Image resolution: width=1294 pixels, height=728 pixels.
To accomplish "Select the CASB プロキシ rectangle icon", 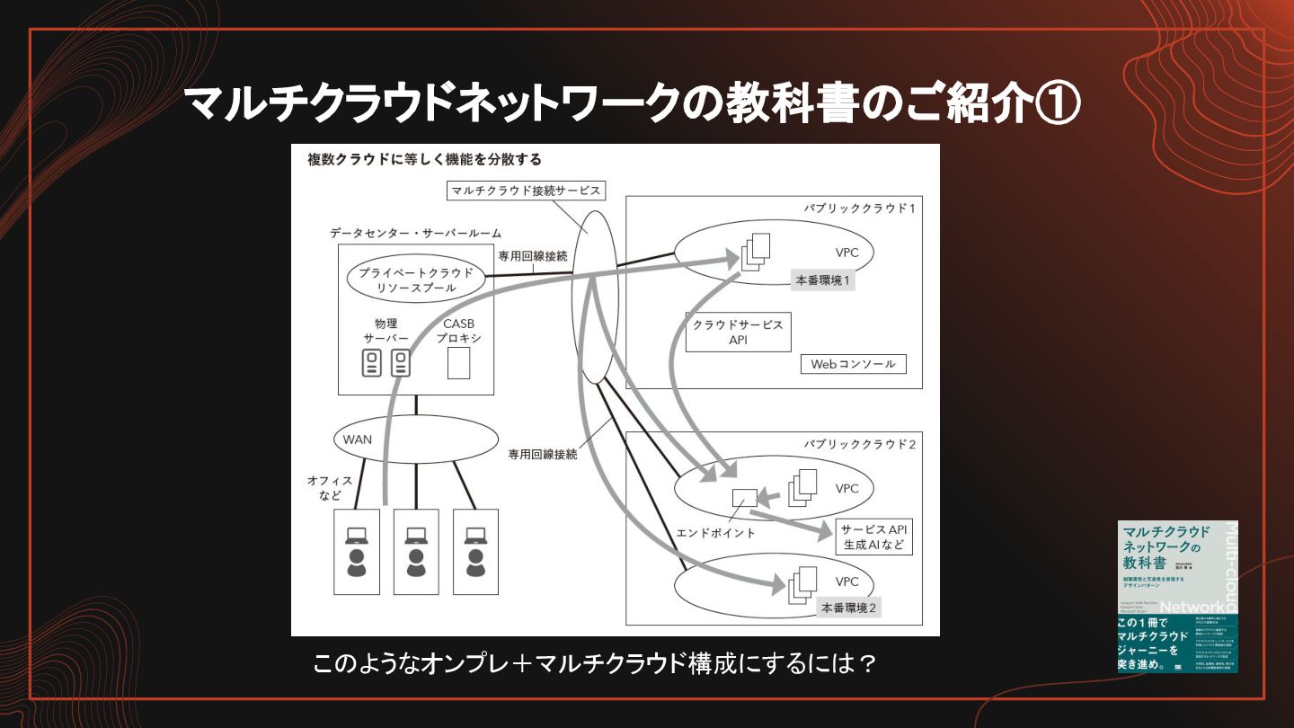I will point(458,363).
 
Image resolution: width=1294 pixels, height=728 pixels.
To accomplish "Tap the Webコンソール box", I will point(853,364).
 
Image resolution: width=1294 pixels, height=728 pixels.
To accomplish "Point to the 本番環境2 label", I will point(848,608).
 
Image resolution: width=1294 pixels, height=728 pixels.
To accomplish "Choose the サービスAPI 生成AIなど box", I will point(873,537).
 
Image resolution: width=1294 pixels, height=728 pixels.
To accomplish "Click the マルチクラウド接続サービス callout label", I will point(525,191).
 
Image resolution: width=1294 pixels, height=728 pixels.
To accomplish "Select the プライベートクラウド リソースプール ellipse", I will point(413,279).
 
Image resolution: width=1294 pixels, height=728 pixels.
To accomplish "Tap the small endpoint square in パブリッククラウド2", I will point(745,497).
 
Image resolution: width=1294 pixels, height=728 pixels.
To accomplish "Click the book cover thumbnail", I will point(1177,596).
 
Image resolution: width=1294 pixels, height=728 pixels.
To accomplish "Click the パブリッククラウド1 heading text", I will point(859,209).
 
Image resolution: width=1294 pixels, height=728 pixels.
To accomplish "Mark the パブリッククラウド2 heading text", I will point(859,444).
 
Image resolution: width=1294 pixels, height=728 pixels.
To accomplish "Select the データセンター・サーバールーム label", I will point(415,233).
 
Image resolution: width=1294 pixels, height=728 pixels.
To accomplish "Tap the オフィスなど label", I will point(329,488).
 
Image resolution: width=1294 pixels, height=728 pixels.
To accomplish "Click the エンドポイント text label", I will point(715,533).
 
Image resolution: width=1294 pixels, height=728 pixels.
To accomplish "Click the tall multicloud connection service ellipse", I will point(595,297).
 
